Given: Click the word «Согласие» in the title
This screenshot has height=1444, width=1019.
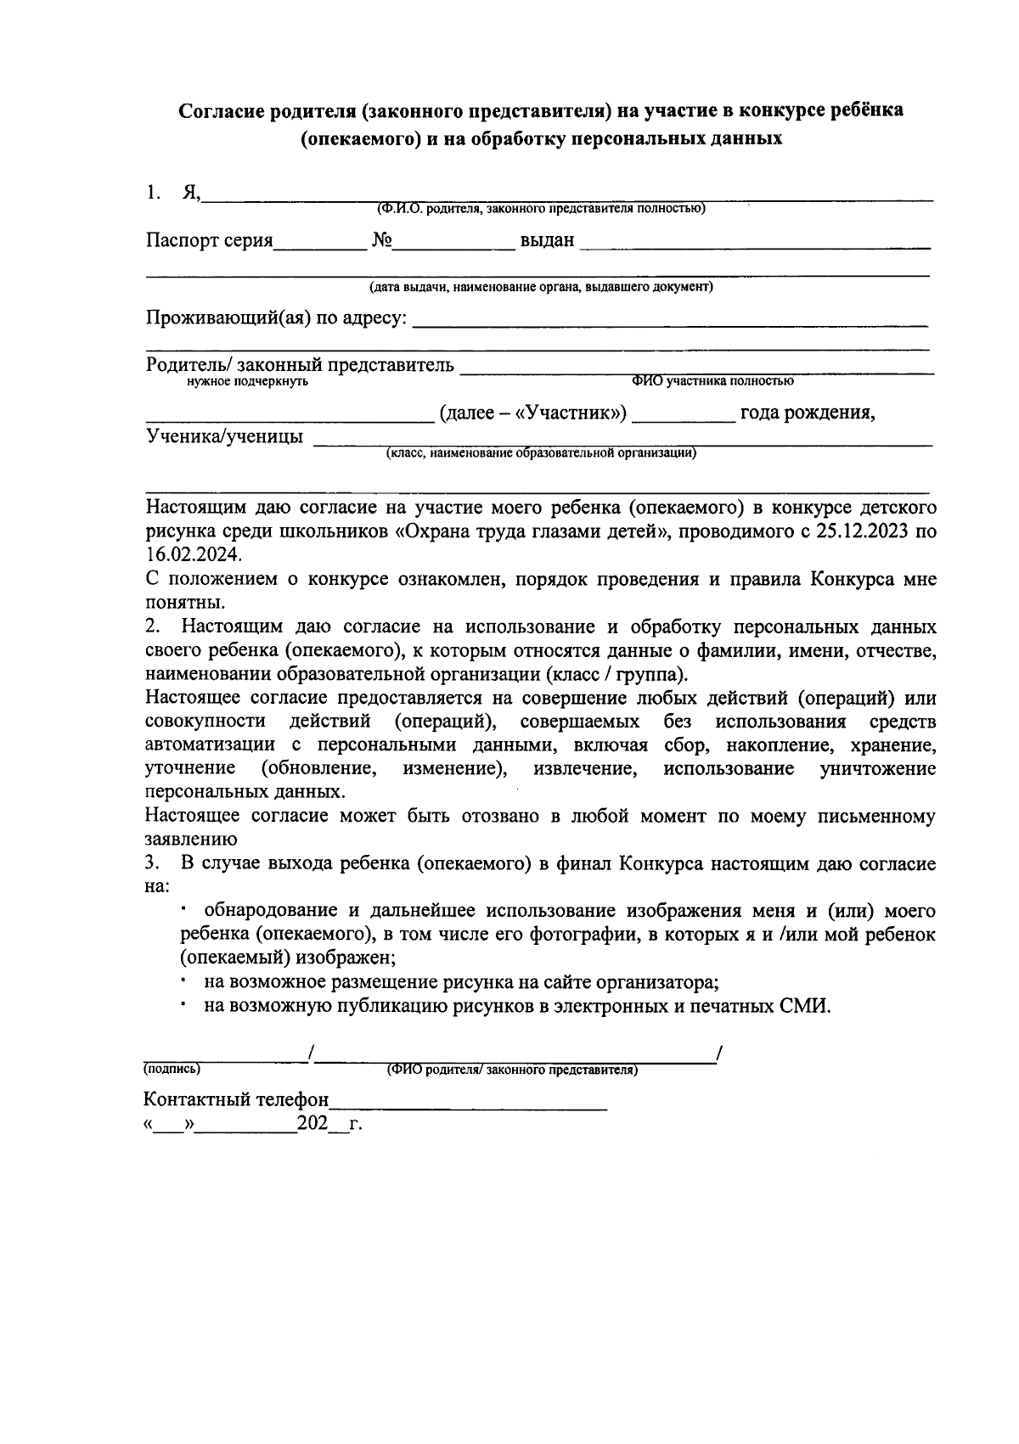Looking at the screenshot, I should [x=219, y=111].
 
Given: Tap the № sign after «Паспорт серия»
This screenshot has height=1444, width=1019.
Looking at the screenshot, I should [x=381, y=241].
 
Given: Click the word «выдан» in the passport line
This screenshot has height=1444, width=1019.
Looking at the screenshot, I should [x=547, y=241].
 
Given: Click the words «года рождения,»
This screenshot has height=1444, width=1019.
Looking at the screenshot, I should [x=807, y=413].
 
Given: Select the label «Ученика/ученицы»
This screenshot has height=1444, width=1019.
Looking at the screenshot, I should [x=224, y=437].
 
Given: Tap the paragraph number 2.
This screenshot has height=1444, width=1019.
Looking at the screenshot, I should [x=153, y=627].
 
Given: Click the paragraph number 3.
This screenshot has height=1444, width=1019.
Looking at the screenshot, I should [x=153, y=865].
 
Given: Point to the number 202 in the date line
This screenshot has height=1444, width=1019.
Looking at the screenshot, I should [x=312, y=1125].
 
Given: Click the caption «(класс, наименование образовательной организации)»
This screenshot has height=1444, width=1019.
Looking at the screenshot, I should [x=541, y=453].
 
